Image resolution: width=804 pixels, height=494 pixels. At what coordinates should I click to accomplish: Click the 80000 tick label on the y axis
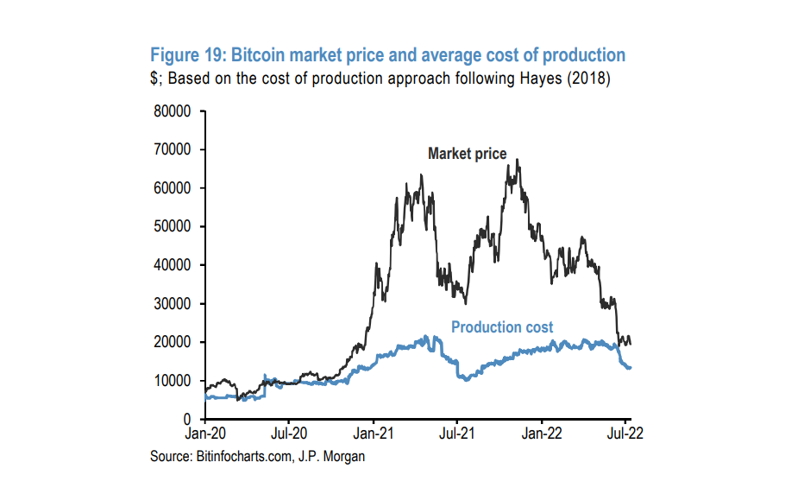click(171, 111)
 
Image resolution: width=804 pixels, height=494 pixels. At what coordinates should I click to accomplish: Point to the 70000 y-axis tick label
click(171, 149)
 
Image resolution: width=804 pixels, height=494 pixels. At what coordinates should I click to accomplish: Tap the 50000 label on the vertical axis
click(171, 226)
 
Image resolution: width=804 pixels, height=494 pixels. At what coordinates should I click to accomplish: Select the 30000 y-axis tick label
click(171, 303)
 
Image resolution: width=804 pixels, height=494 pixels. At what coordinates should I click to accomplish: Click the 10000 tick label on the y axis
click(171, 381)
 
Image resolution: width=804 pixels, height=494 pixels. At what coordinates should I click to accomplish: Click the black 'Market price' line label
click(467, 154)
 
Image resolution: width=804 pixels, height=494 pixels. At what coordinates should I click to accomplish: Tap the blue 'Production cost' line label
click(502, 327)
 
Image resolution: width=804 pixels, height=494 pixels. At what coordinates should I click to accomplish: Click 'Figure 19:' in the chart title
click(187, 55)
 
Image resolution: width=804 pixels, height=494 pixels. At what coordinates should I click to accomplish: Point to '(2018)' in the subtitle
click(587, 79)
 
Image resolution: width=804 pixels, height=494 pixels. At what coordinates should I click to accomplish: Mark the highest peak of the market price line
click(518, 160)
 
